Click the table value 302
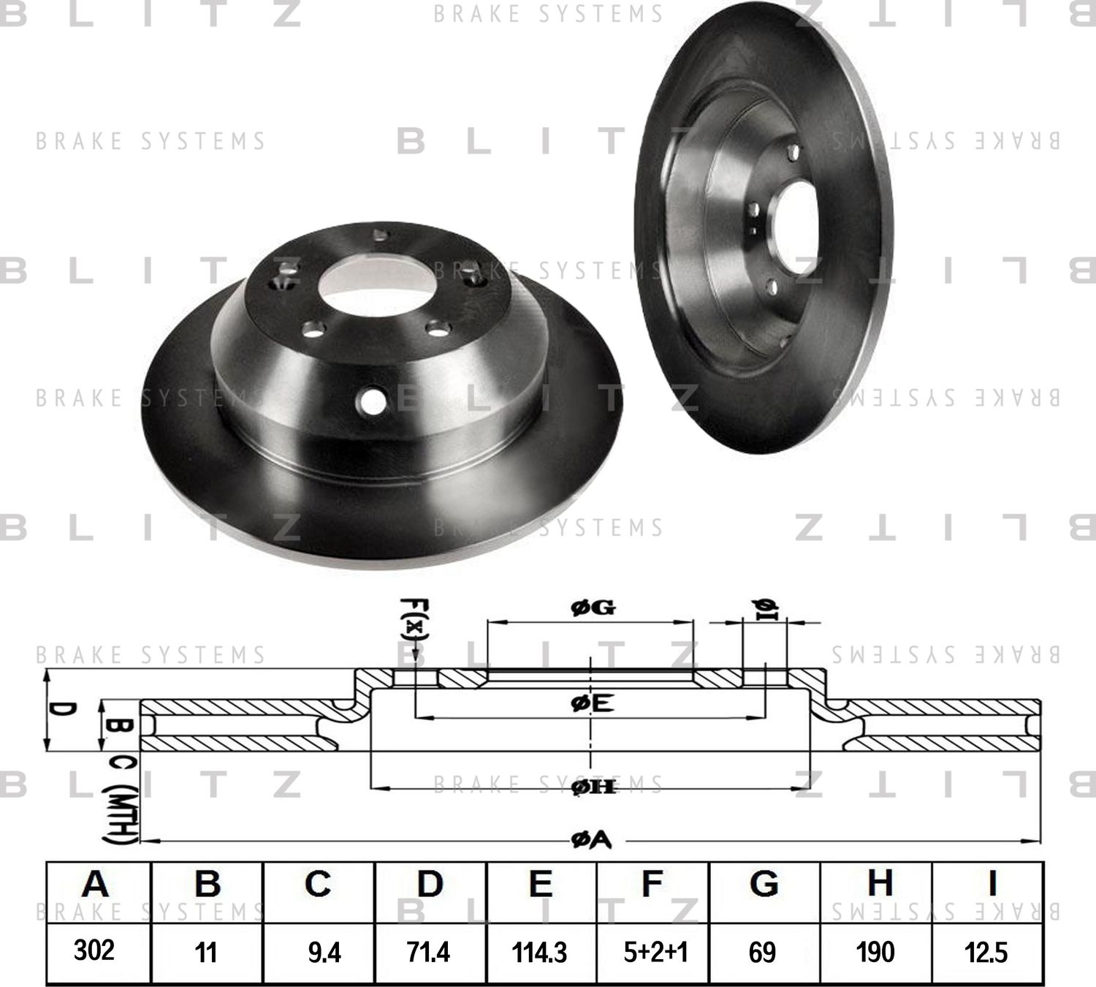(x=94, y=950)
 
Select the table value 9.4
(x=324, y=953)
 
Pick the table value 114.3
(x=540, y=953)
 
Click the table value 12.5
(x=986, y=953)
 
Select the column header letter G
(x=764, y=884)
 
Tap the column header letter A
(x=95, y=884)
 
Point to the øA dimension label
(x=591, y=842)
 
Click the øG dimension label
(x=593, y=608)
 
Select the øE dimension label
(x=592, y=703)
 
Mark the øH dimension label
(x=593, y=787)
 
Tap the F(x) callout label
(x=414, y=622)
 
